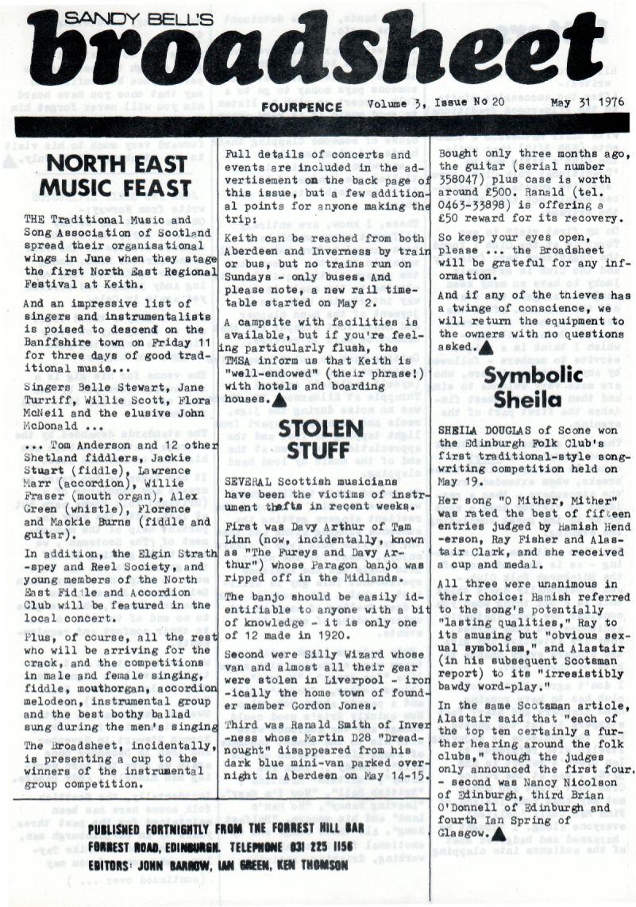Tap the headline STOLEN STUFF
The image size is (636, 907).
[x=323, y=441]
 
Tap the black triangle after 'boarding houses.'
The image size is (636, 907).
[x=279, y=402]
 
